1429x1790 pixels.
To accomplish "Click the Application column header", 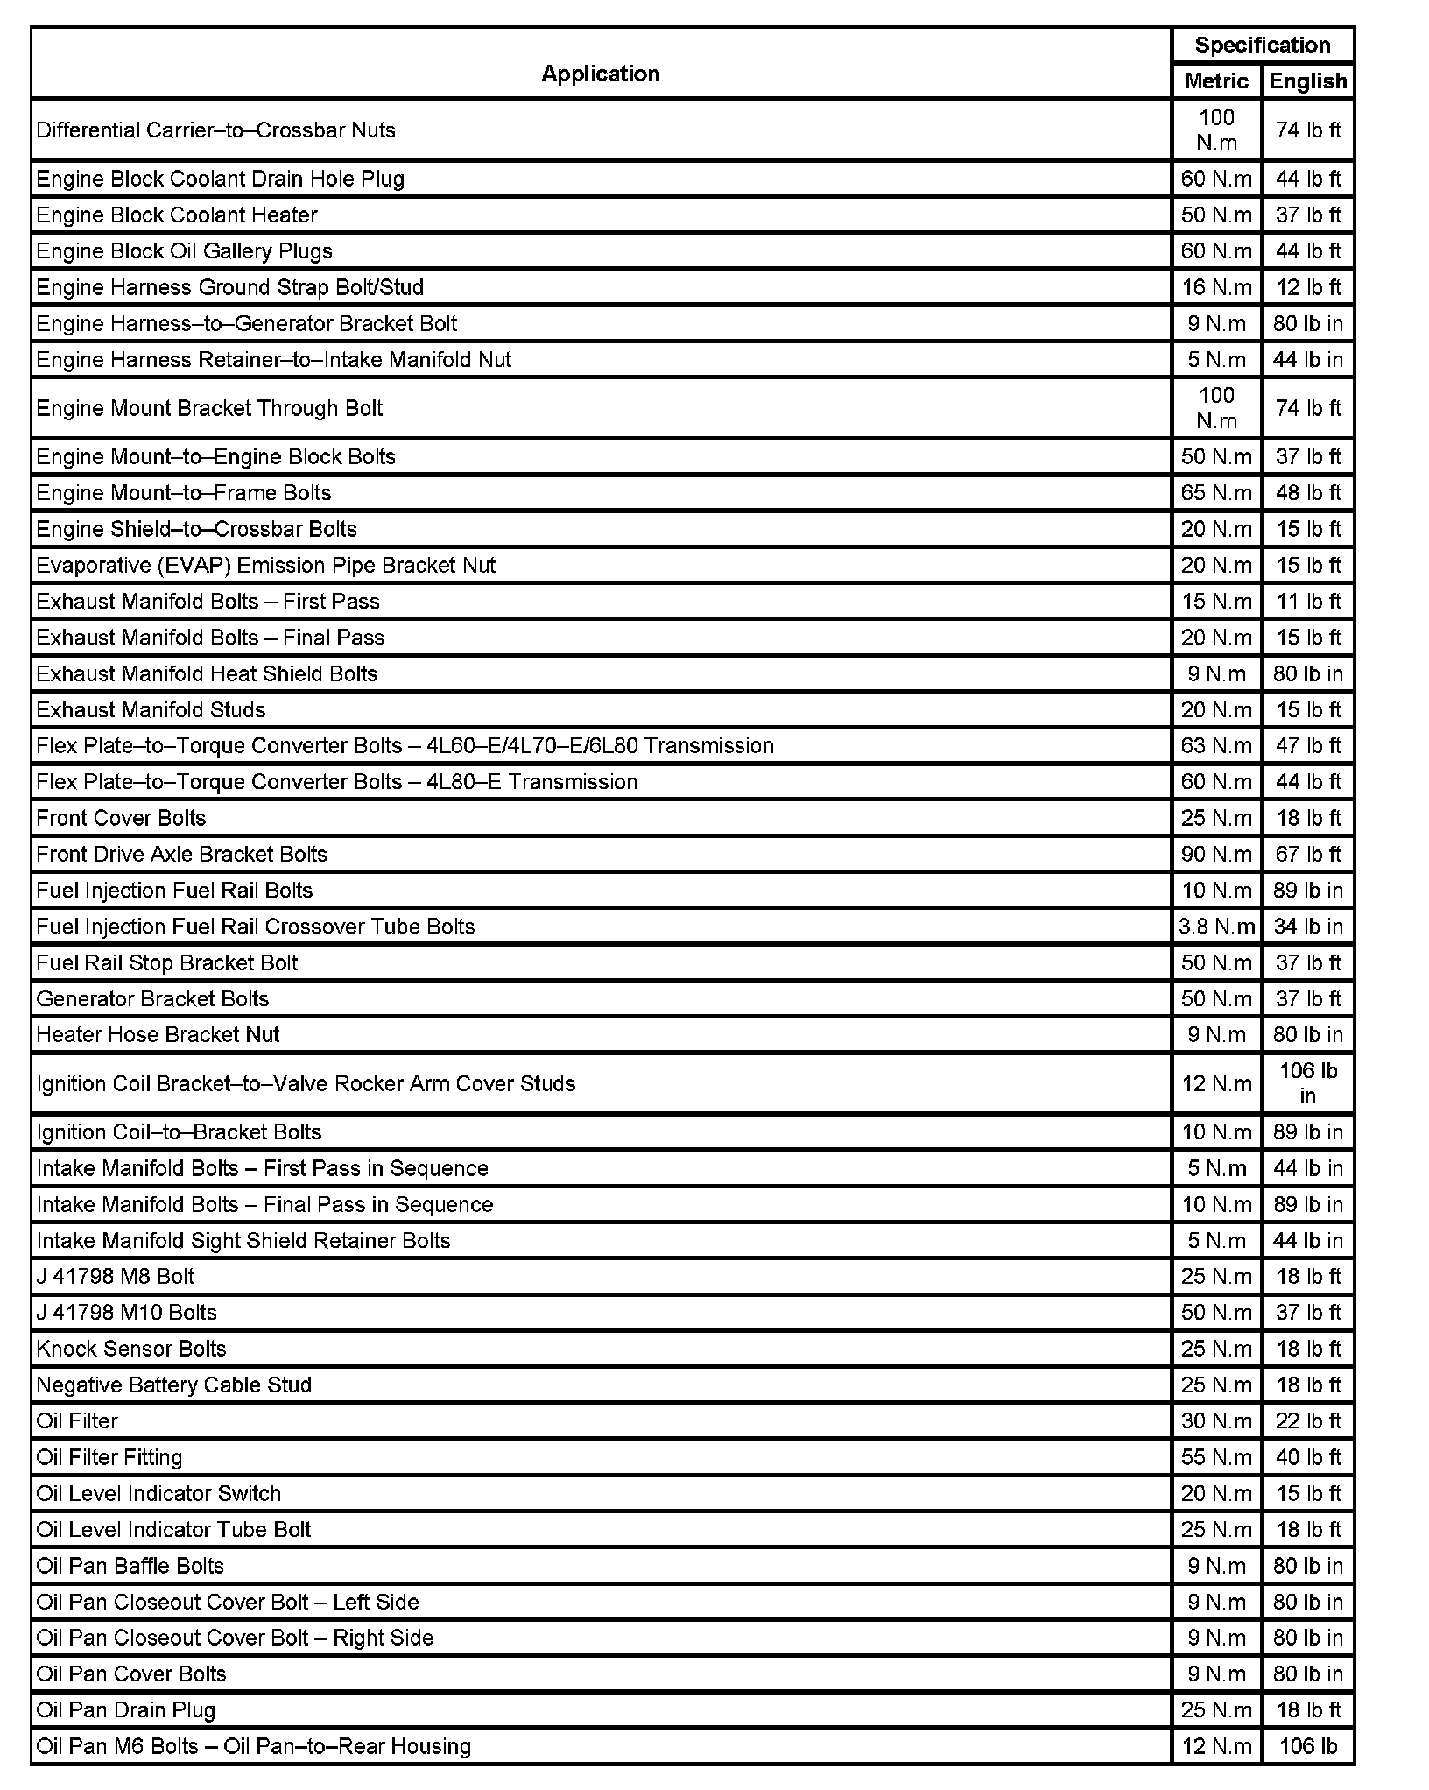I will (600, 74).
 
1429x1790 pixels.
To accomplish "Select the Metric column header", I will (1216, 81).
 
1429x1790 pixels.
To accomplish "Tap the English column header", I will (1308, 81).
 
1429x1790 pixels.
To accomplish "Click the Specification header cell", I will (1262, 46).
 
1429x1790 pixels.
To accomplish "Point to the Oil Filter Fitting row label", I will (109, 1457).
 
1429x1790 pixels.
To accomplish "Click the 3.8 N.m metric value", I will (1216, 927).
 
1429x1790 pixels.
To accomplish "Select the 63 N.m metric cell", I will (1216, 746).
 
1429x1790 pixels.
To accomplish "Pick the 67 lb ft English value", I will (1308, 854).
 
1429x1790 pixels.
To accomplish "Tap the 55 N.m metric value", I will (1216, 1457).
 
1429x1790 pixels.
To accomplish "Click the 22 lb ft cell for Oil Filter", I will (1308, 1421).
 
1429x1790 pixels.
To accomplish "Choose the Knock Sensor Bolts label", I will (131, 1349).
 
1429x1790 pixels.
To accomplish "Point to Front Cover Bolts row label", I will (121, 818).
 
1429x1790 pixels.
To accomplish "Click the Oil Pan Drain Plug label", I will (125, 1709).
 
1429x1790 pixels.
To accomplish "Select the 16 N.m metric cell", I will (1216, 287).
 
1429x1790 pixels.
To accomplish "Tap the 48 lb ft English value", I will (1308, 493).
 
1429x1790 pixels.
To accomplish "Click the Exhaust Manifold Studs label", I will (151, 709).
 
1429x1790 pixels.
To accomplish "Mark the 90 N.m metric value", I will (1216, 854).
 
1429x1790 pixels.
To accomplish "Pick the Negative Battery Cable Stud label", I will (173, 1385).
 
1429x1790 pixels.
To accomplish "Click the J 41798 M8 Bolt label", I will (116, 1277).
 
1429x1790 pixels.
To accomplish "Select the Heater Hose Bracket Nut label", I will (158, 1035).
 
